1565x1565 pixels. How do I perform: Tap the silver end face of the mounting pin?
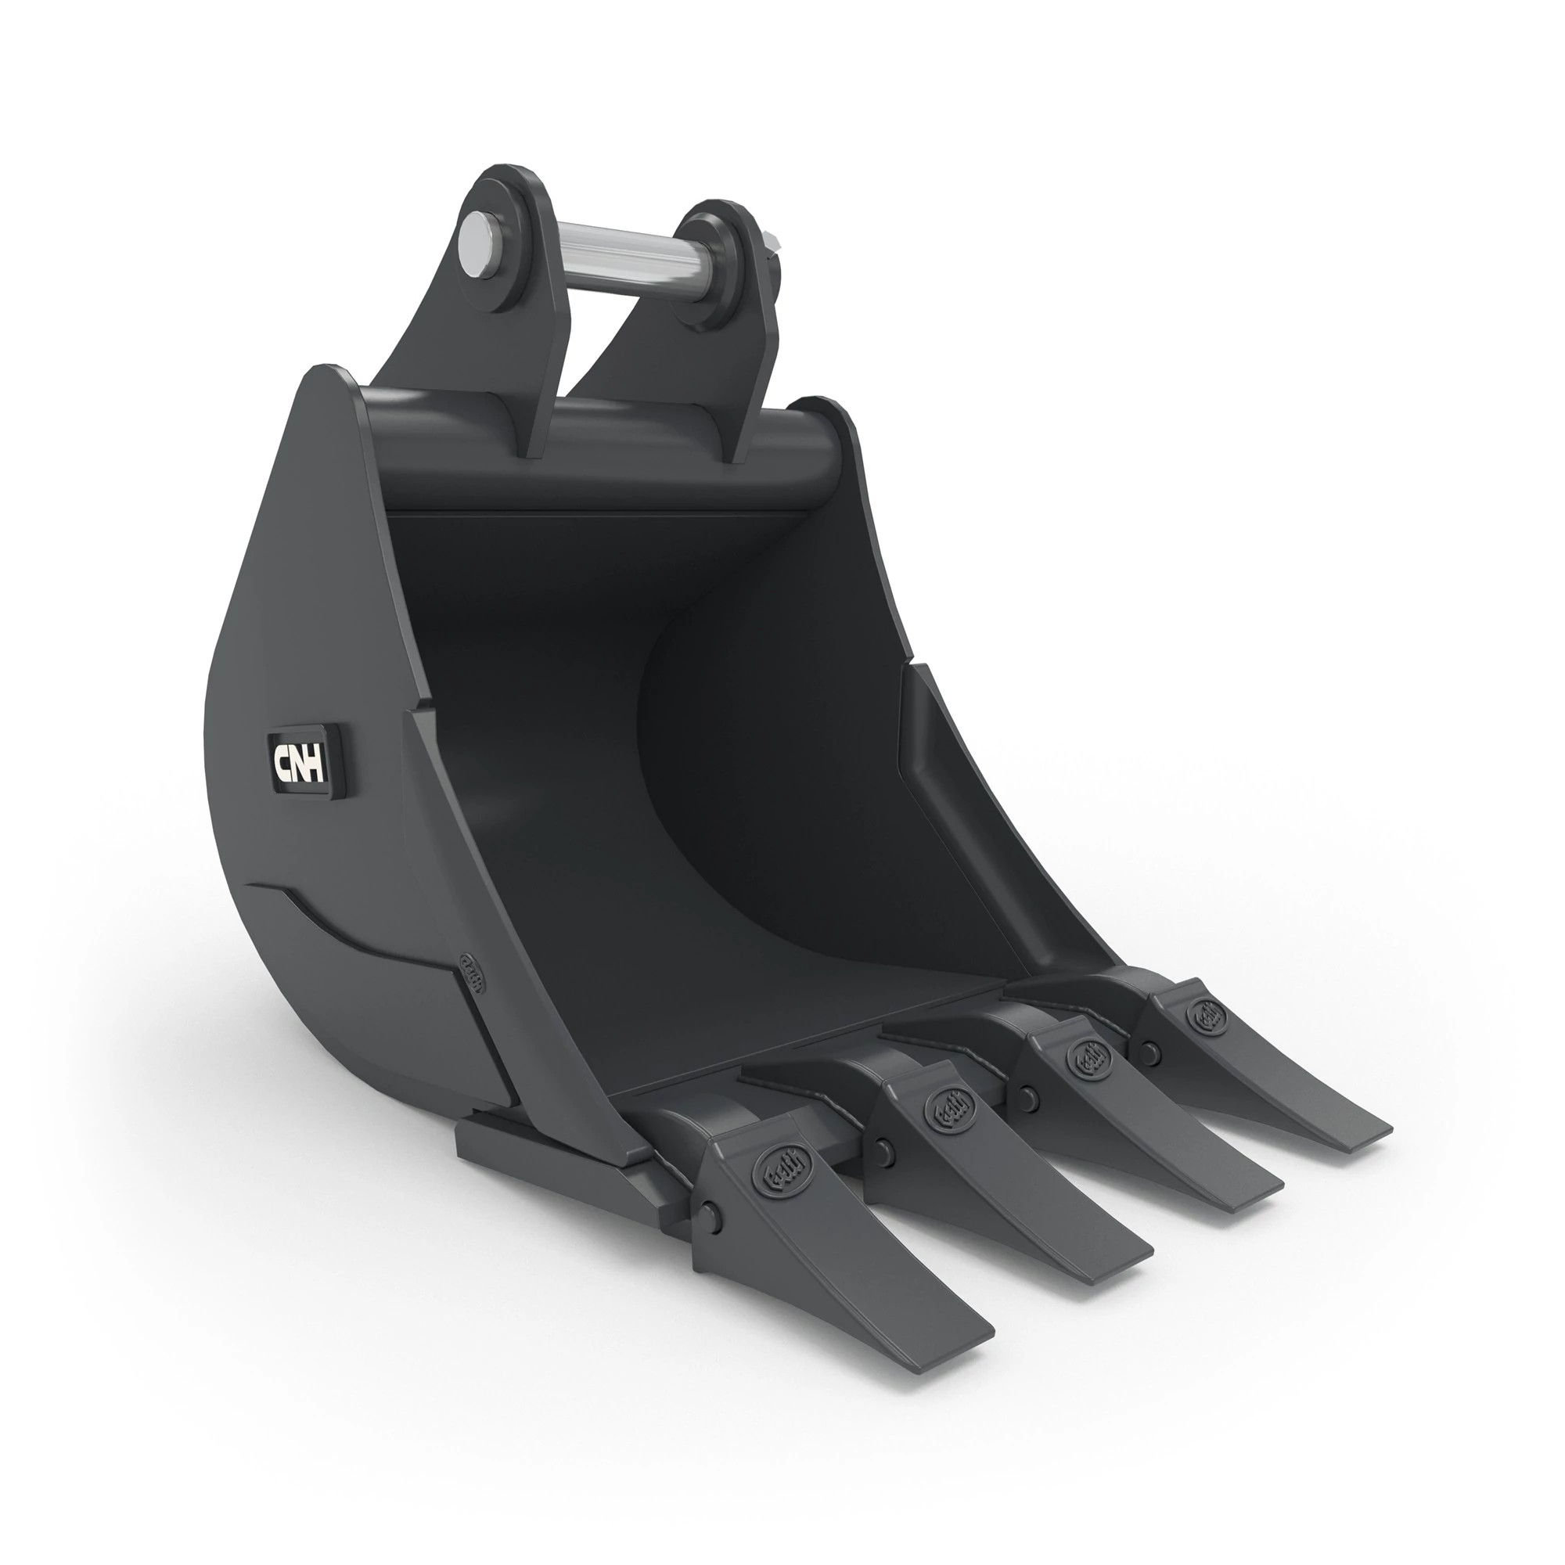coord(477,239)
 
